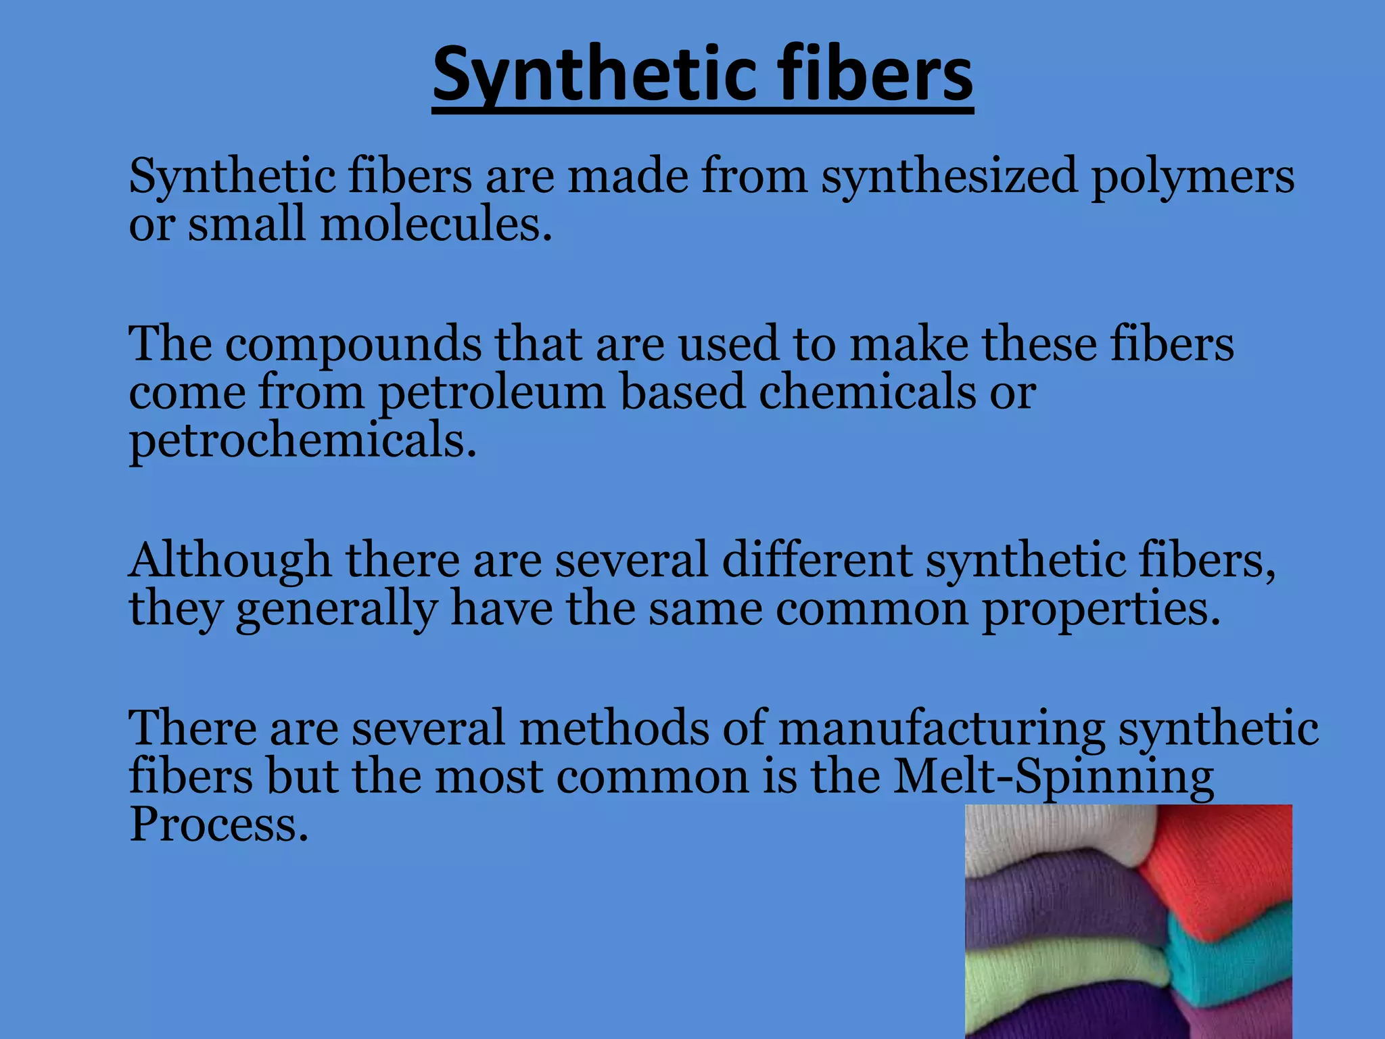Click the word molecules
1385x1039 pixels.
tap(436, 225)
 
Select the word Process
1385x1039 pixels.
tap(218, 825)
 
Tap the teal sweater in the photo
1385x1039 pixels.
tap(1231, 961)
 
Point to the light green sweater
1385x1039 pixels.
tap(1055, 974)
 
